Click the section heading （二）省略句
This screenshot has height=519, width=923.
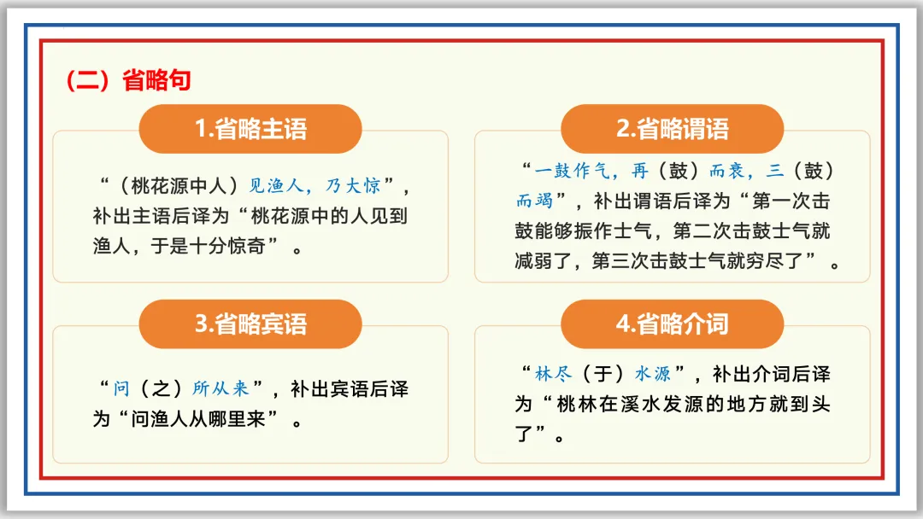coord(128,80)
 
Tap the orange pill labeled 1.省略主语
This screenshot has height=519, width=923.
coord(250,129)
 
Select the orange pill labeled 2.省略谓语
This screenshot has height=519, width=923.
coord(672,129)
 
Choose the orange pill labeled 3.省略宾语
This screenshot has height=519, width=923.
coord(250,324)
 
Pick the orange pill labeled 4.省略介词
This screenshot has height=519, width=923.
coord(672,324)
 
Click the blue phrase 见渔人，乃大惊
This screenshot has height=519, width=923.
coord(314,185)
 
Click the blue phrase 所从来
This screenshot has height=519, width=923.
coord(220,389)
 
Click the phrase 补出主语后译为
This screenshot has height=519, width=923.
coord(162,216)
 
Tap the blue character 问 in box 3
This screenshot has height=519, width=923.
coord(121,389)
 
